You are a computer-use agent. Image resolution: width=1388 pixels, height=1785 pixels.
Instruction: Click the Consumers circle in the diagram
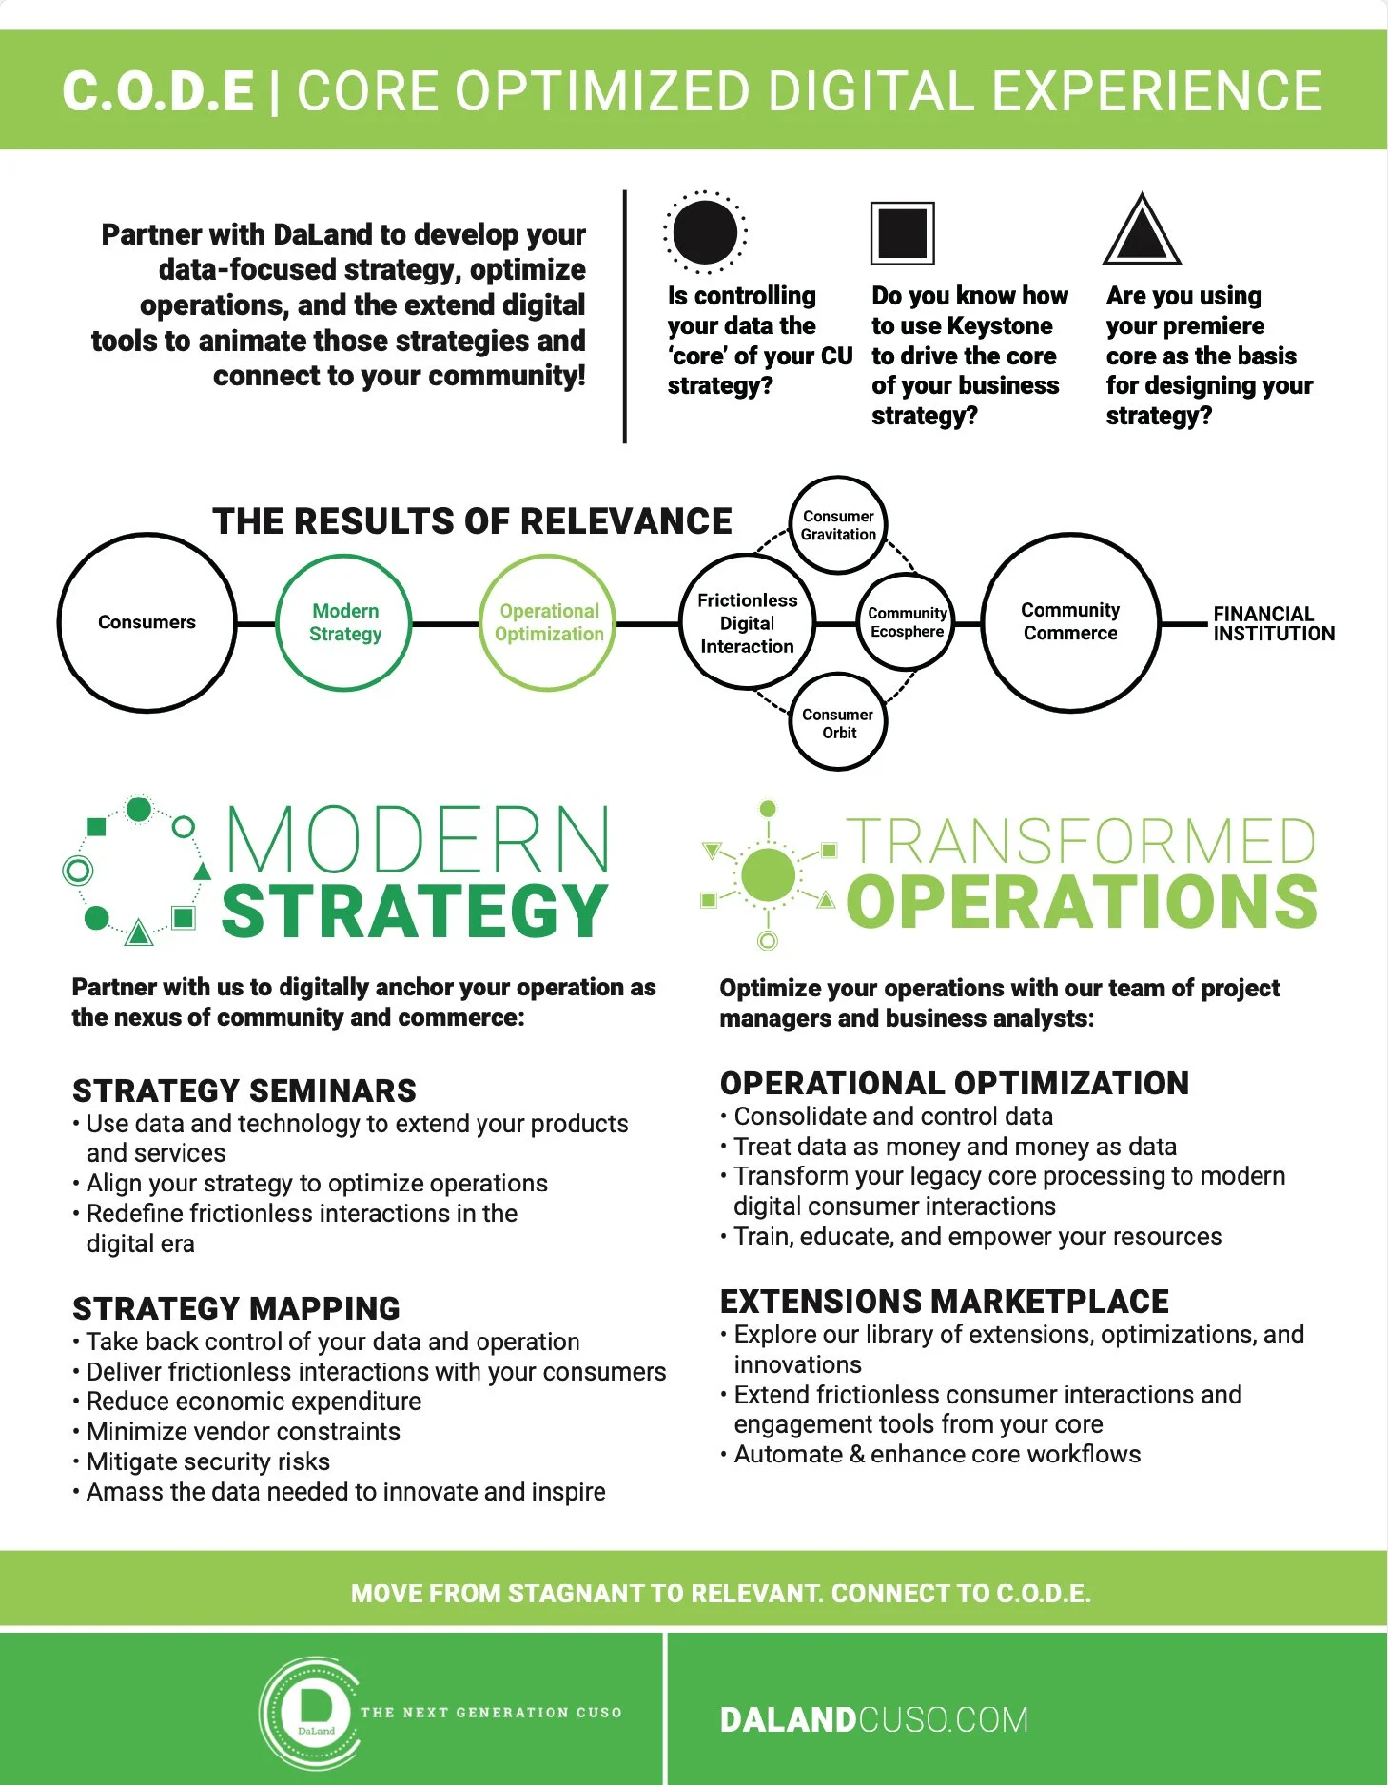(x=147, y=622)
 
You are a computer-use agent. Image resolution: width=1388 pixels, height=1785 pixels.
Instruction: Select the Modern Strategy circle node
(x=344, y=622)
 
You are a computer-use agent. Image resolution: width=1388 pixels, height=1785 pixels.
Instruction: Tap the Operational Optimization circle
(x=549, y=622)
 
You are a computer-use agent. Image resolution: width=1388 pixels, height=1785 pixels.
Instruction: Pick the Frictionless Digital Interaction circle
(x=747, y=623)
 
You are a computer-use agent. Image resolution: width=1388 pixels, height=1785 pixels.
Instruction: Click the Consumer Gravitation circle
(x=838, y=525)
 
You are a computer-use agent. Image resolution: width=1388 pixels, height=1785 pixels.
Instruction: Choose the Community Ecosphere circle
(x=907, y=622)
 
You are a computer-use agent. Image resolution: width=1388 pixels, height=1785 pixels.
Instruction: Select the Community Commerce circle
(x=1070, y=622)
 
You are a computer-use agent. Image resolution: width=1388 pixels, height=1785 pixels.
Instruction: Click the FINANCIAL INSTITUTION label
(x=1273, y=624)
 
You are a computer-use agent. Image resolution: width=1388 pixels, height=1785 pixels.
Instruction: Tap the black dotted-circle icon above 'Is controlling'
(x=705, y=232)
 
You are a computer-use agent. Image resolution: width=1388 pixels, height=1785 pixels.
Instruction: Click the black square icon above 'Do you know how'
(x=903, y=233)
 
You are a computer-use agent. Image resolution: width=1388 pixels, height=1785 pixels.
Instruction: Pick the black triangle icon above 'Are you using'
(x=1142, y=232)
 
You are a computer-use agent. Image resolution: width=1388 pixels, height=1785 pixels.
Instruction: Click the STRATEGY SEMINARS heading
(x=244, y=1090)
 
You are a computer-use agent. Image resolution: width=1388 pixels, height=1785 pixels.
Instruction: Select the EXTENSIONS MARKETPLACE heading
(x=944, y=1302)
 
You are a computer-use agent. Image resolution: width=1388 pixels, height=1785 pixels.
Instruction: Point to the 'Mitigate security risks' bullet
(x=207, y=1461)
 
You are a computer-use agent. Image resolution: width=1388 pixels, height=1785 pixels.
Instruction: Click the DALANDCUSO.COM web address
(x=873, y=1719)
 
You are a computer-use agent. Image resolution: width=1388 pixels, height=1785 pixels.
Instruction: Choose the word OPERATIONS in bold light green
(x=1081, y=902)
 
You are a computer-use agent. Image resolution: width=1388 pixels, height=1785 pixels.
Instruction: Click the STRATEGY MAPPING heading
(x=236, y=1309)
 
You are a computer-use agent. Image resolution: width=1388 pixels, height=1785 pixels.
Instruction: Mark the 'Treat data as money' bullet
(x=955, y=1147)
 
